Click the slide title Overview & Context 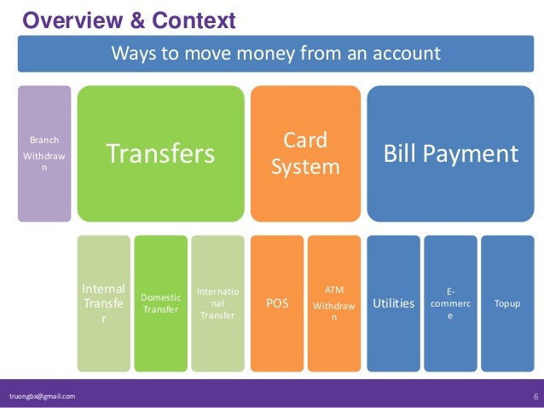(x=128, y=19)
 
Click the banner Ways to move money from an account (x=275, y=55)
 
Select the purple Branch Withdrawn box (x=44, y=153)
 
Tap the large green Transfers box (x=159, y=153)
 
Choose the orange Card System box (x=305, y=153)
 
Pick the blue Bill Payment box (x=449, y=153)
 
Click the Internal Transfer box (x=103, y=303)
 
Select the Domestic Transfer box (x=160, y=303)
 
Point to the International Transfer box (x=217, y=303)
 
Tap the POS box (x=277, y=303)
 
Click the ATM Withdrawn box (x=334, y=303)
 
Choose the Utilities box (x=393, y=303)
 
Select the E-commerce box (x=450, y=303)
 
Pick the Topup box (x=507, y=303)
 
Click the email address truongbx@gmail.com (x=42, y=396)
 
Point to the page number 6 (x=533, y=396)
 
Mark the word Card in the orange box (x=305, y=139)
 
